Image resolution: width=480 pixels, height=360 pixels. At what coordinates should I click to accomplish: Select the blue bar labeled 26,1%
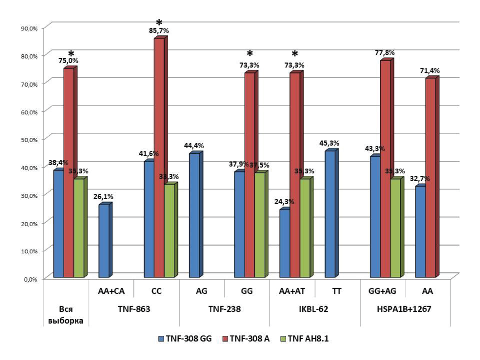104,241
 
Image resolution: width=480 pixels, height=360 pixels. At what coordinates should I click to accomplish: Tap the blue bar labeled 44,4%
194,215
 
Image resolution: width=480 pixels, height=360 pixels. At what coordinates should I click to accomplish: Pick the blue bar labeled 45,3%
330,214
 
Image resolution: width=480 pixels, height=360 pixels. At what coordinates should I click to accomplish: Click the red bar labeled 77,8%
385,169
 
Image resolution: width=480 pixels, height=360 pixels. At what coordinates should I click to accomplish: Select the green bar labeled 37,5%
259,225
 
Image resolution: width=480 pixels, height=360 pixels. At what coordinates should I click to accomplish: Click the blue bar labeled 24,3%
285,244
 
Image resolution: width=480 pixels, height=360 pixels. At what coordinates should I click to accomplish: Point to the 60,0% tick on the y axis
28,111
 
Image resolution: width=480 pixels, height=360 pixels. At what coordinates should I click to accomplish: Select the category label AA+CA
111,291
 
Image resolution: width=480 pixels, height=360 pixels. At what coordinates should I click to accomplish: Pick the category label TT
336,291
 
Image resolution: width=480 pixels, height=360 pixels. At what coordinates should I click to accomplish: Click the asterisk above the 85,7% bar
159,23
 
